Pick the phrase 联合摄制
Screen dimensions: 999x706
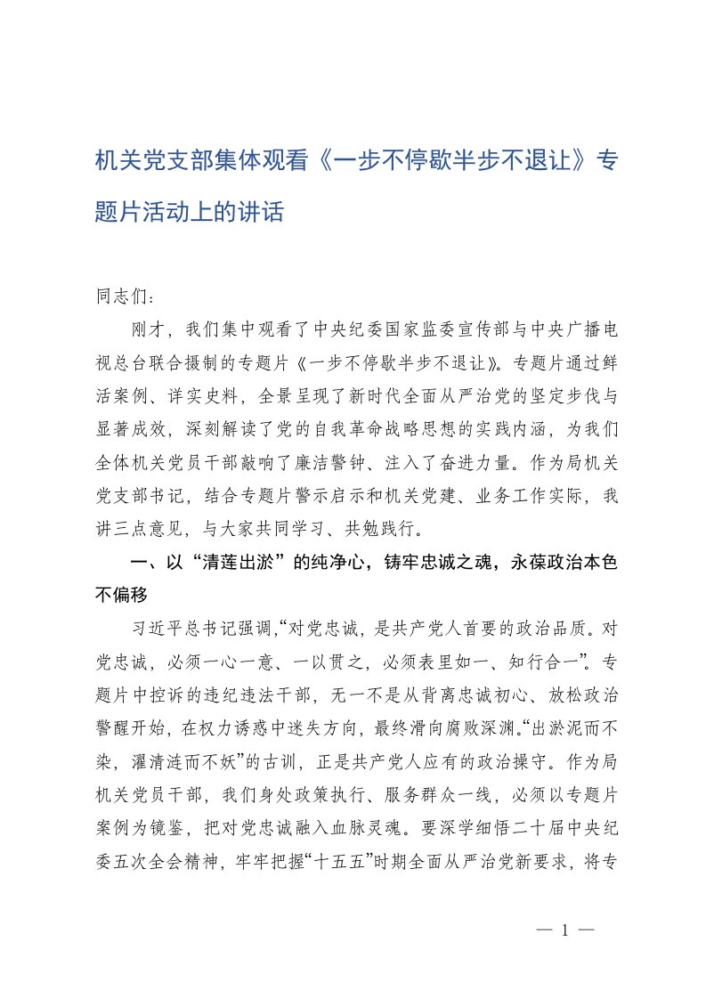[x=203, y=362]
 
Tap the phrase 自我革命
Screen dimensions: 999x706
[x=361, y=428]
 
